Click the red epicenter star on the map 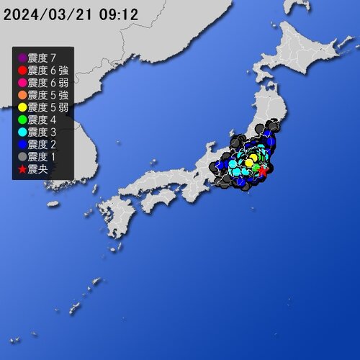263,171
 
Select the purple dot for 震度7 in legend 22,58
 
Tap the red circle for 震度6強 22,70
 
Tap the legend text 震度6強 48,70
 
